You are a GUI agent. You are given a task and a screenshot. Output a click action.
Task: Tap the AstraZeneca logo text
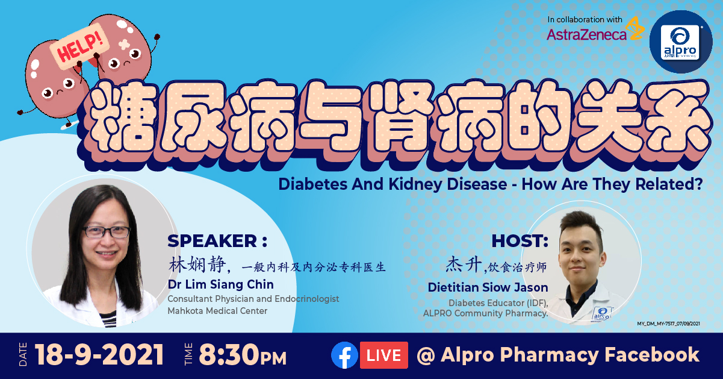pyautogui.click(x=586, y=34)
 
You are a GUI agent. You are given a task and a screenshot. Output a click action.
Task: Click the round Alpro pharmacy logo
pyautogui.click(x=681, y=42)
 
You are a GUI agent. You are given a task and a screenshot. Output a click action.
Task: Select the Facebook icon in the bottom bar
pyautogui.click(x=344, y=355)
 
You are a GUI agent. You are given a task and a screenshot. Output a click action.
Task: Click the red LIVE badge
pyautogui.click(x=383, y=355)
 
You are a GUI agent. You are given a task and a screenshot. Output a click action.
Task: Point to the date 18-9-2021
pyautogui.click(x=99, y=355)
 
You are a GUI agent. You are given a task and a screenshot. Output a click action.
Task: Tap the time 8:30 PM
pyautogui.click(x=243, y=355)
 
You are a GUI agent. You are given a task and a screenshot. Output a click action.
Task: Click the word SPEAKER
pyautogui.click(x=212, y=241)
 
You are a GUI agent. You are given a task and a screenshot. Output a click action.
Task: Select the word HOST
pyautogui.click(x=517, y=241)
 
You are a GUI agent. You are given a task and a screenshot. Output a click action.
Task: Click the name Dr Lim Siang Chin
pyautogui.click(x=221, y=284)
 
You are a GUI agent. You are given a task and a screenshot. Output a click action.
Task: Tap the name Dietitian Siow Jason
pyautogui.click(x=488, y=287)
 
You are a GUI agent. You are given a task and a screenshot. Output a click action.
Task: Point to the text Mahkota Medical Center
pyautogui.click(x=217, y=311)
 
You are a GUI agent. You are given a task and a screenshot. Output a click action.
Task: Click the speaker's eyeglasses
pyautogui.click(x=107, y=231)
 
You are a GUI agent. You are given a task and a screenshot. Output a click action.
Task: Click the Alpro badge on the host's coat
pyautogui.click(x=601, y=313)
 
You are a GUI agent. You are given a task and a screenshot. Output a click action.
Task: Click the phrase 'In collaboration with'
pyautogui.click(x=585, y=20)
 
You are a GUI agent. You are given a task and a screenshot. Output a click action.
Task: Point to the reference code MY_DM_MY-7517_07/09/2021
pyautogui.click(x=668, y=324)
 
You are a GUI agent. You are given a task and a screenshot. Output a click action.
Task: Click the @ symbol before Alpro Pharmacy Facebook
pyautogui.click(x=426, y=356)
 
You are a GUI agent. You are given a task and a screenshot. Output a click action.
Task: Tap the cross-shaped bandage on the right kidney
pyautogui.click(x=124, y=45)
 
